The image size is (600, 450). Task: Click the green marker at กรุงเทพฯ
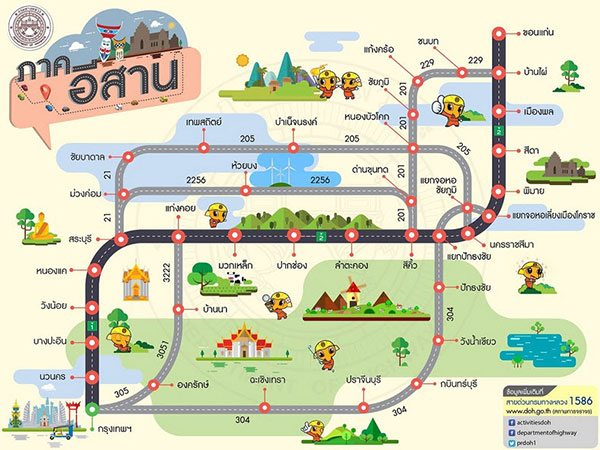point(91,408)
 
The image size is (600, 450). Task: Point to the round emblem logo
point(23,23)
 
